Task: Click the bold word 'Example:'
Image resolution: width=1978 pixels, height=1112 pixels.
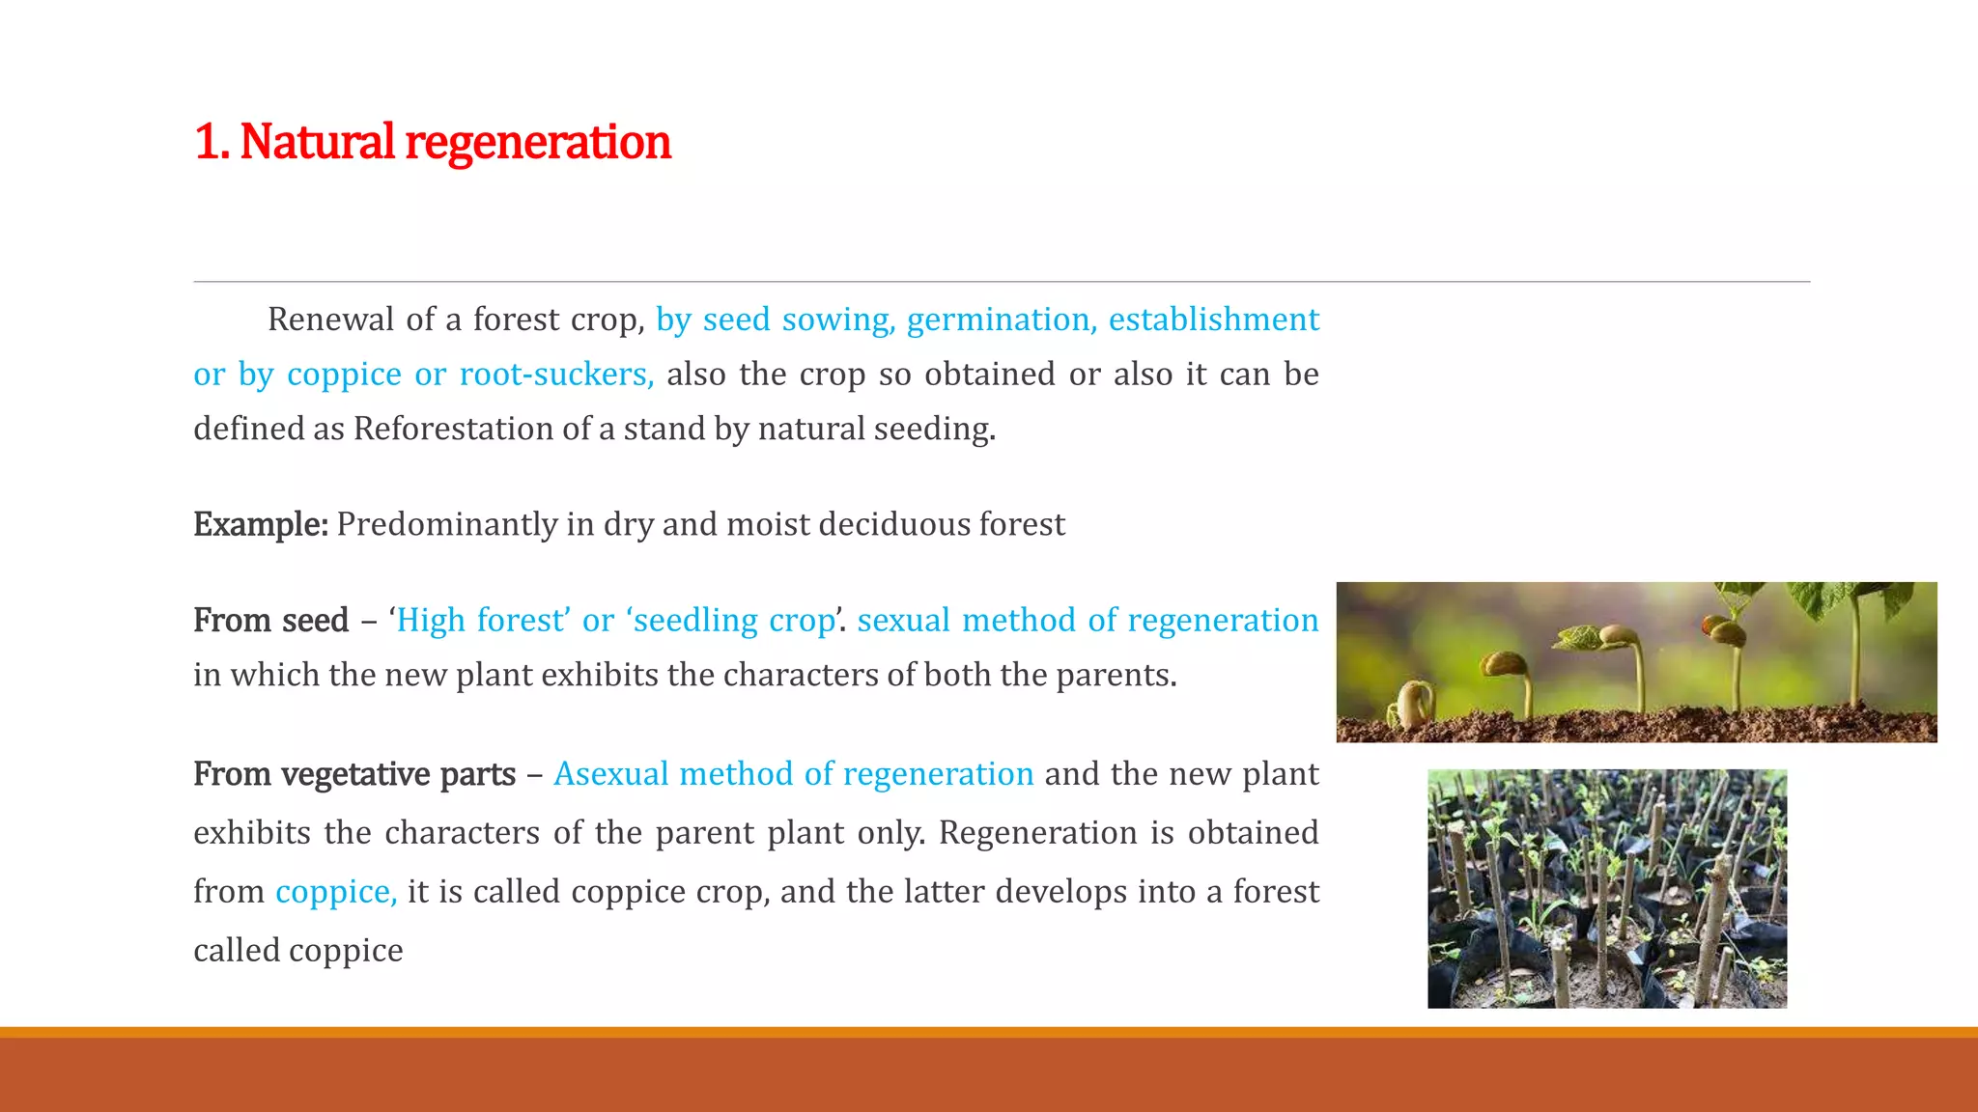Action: tap(260, 524)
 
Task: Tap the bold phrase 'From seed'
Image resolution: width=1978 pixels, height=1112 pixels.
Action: tap(270, 620)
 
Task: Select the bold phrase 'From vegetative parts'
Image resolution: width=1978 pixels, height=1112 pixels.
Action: tap(353, 774)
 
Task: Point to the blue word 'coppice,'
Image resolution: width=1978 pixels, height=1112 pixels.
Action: tap(335, 892)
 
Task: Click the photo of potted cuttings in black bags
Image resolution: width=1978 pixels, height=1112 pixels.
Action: tap(1606, 888)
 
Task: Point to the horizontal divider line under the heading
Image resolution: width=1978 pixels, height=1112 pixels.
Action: tap(1001, 282)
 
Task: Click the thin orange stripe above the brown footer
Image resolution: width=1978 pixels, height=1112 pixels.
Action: tap(989, 1032)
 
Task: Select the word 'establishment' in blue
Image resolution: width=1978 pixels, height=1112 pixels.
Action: tap(1213, 320)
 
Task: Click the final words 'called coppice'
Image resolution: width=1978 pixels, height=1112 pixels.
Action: tap(297, 951)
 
